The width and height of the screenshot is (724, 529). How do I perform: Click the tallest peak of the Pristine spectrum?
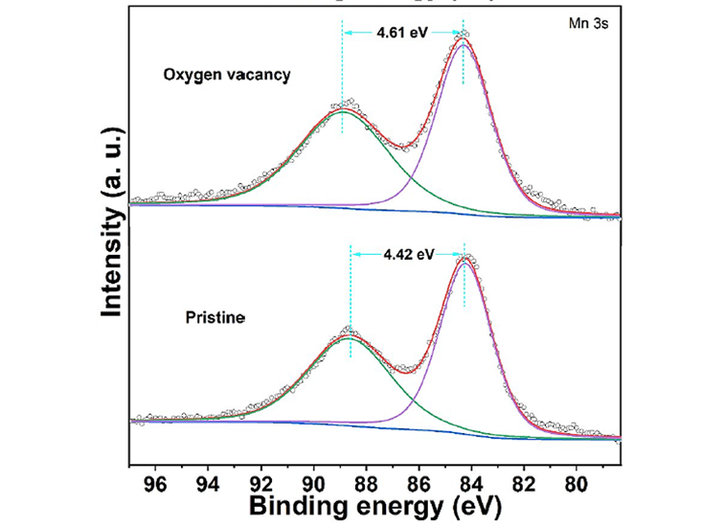click(x=465, y=259)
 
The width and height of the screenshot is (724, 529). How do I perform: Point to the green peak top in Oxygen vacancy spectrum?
click(x=343, y=110)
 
